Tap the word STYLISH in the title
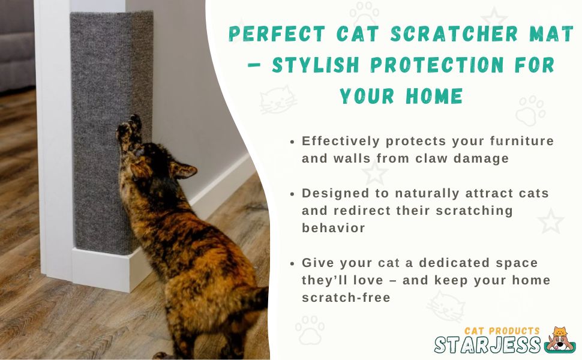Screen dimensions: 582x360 click(315, 65)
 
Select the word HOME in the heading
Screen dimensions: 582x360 click(434, 96)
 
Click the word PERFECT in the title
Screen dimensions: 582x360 click(277, 34)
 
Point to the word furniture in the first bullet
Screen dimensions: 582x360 click(521, 141)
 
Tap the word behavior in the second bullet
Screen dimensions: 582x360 click(334, 227)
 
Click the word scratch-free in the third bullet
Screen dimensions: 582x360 click(346, 297)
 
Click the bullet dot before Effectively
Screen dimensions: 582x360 click(292, 142)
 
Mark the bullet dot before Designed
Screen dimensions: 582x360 click(292, 194)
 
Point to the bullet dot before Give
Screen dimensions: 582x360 click(292, 263)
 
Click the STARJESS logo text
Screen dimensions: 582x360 click(487, 345)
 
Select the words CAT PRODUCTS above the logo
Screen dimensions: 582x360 click(502, 331)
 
